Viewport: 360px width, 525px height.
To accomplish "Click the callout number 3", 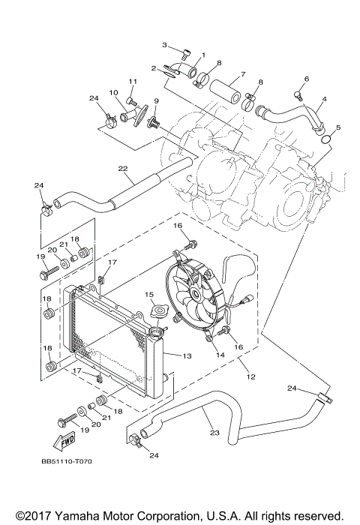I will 164,46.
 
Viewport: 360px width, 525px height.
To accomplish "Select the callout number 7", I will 242,75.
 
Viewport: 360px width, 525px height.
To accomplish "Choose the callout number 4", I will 324,98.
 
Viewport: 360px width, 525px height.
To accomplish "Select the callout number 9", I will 156,101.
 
